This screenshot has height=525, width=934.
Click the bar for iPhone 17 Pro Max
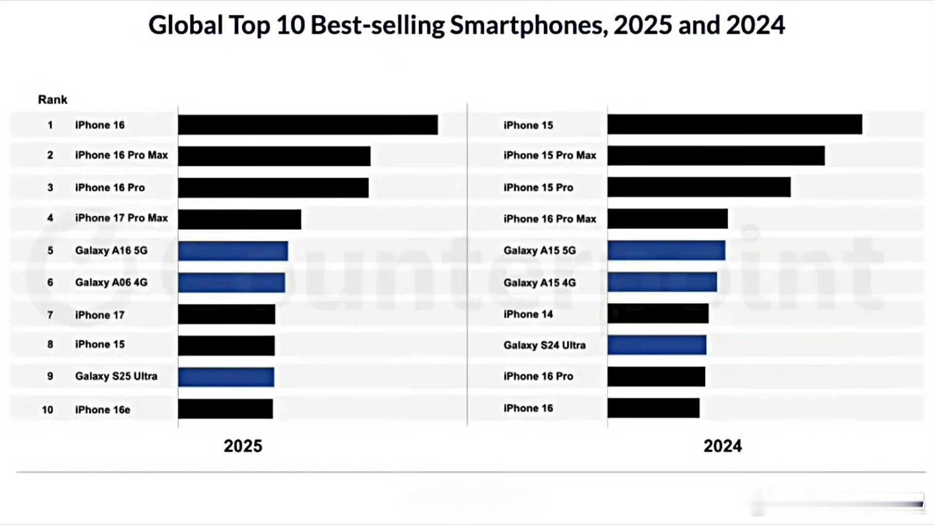point(239,219)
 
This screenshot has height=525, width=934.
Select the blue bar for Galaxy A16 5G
point(233,251)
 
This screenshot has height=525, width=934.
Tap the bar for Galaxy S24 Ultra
point(656,345)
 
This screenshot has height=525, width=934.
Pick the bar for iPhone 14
point(658,314)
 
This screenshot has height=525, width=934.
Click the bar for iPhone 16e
point(225,409)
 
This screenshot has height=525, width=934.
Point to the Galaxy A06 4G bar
point(231,282)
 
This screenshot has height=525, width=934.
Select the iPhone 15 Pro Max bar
point(716,156)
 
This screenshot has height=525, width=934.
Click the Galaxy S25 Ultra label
point(116,376)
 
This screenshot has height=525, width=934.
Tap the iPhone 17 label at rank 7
point(100,315)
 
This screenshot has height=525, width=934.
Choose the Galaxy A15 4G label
point(539,283)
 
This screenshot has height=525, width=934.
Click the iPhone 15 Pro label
point(538,188)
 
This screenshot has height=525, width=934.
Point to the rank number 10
point(47,410)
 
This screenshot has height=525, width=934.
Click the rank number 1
point(50,125)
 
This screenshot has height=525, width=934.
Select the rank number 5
point(50,251)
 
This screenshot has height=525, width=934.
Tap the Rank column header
point(53,100)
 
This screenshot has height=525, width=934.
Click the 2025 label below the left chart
point(243,446)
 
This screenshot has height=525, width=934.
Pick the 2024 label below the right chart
point(723,446)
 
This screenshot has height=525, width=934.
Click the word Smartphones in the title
point(529,25)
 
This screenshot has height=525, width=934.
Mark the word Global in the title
point(185,25)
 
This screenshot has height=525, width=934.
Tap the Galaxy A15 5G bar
point(666,250)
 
